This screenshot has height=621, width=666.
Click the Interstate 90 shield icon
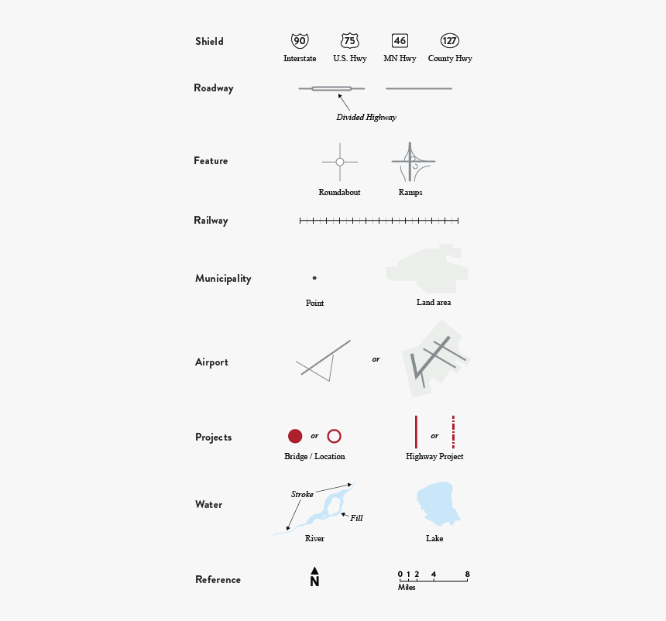(x=299, y=41)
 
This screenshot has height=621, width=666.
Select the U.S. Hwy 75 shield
(x=349, y=41)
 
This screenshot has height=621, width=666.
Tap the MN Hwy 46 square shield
(x=400, y=41)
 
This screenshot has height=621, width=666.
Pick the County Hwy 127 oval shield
(x=450, y=41)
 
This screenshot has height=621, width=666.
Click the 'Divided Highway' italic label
(x=366, y=118)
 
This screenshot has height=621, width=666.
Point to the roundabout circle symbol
(x=339, y=162)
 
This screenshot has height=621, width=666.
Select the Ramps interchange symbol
(x=412, y=163)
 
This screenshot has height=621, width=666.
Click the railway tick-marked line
(x=379, y=221)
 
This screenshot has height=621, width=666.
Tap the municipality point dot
(x=314, y=278)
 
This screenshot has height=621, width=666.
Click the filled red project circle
(x=295, y=436)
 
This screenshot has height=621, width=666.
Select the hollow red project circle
(x=335, y=436)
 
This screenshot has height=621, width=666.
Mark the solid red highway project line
(x=416, y=432)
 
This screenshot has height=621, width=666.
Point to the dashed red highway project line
(x=453, y=432)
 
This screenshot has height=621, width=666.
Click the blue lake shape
(x=435, y=504)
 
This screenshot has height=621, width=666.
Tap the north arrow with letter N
(x=314, y=578)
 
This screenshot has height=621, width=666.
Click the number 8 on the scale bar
(x=467, y=574)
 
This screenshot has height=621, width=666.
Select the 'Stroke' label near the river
(x=302, y=494)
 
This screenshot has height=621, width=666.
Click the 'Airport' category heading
(x=211, y=362)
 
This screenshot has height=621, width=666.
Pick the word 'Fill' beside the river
(x=356, y=518)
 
